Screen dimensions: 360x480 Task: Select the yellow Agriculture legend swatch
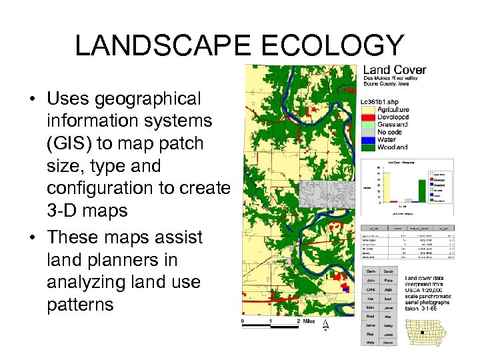368,109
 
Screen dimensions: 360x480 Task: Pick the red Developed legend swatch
368,117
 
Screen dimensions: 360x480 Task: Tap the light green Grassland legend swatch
368,124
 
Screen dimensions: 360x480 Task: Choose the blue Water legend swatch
368,139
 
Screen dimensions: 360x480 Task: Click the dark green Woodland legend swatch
368,147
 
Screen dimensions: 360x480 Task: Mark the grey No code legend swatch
368,132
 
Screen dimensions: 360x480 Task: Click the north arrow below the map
325,325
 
